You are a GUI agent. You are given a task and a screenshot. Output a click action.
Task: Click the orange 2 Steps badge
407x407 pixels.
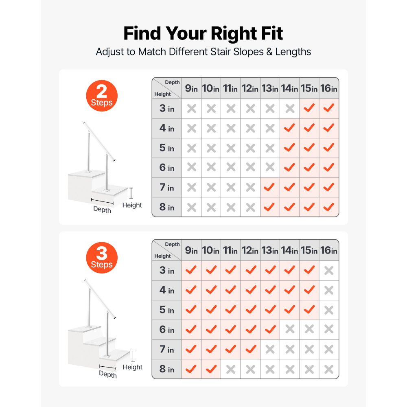pyautogui.click(x=102, y=96)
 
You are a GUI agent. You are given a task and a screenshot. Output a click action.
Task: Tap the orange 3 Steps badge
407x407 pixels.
pyautogui.click(x=102, y=258)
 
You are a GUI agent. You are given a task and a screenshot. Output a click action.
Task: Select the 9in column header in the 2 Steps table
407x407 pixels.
pyautogui.click(x=191, y=88)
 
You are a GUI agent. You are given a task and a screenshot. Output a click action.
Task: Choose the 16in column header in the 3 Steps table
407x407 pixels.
pyautogui.click(x=328, y=250)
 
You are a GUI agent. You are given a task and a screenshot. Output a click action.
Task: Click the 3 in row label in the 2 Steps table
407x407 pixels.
pyautogui.click(x=166, y=108)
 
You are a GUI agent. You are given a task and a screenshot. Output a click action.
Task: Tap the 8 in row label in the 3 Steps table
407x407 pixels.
pyautogui.click(x=166, y=369)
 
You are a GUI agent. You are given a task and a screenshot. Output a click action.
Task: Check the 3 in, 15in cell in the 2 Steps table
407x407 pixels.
pyautogui.click(x=309, y=108)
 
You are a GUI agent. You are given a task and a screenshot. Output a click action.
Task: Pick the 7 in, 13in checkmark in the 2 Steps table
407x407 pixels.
pyautogui.click(x=269, y=187)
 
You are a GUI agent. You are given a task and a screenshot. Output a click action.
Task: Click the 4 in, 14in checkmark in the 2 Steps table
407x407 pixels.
pyautogui.click(x=289, y=127)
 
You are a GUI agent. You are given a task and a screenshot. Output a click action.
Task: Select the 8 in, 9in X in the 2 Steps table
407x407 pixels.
pyautogui.click(x=192, y=207)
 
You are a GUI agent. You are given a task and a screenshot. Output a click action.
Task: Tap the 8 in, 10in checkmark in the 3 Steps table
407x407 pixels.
pyautogui.click(x=211, y=369)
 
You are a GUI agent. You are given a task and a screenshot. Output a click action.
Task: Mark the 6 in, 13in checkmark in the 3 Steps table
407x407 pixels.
pyautogui.click(x=270, y=329)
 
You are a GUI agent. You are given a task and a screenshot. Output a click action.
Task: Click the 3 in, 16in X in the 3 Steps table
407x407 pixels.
pyautogui.click(x=329, y=271)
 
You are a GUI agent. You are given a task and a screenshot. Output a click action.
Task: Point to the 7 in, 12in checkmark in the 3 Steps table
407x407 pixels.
pyautogui.click(x=251, y=349)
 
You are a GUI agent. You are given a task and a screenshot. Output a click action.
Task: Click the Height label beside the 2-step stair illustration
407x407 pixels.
pyautogui.click(x=132, y=205)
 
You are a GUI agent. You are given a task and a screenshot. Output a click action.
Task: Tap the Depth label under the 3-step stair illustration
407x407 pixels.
pyautogui.click(x=108, y=374)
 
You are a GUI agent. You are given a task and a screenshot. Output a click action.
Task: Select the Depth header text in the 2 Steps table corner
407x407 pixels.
pyautogui.click(x=172, y=82)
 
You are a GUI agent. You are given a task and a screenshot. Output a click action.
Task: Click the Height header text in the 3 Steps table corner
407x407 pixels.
pyautogui.click(x=162, y=256)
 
